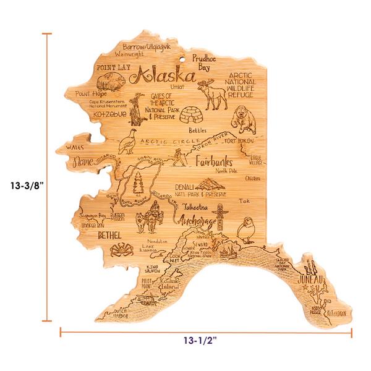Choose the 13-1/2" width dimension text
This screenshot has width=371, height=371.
pyautogui.click(x=199, y=339)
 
